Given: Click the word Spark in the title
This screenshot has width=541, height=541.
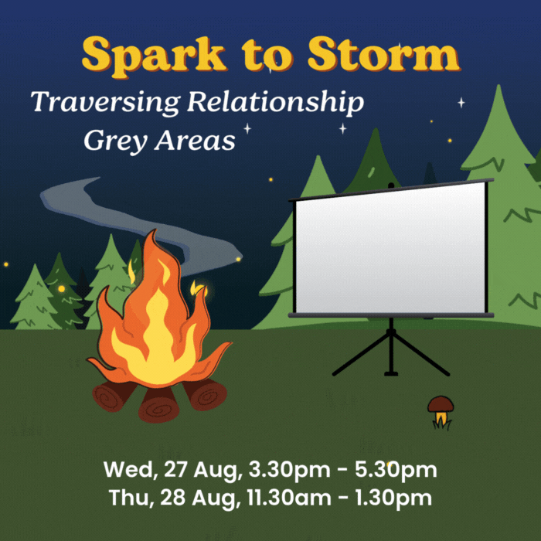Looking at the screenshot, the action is click(154, 56).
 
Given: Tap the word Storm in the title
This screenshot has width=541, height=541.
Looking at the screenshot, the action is click(383, 54).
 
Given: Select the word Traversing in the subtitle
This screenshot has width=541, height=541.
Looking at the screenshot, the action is click(105, 103).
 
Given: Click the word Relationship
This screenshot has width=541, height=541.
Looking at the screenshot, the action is click(275, 102).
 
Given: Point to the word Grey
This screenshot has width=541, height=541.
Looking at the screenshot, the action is click(116, 141).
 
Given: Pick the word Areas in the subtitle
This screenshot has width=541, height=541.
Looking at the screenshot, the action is click(195, 140).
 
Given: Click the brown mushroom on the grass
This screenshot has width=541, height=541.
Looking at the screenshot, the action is click(441, 412).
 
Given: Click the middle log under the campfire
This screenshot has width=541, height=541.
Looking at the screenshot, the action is click(158, 405).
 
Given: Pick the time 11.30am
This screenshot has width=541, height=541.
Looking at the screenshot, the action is click(289, 498).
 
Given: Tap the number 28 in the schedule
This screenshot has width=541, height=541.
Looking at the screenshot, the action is click(173, 498).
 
